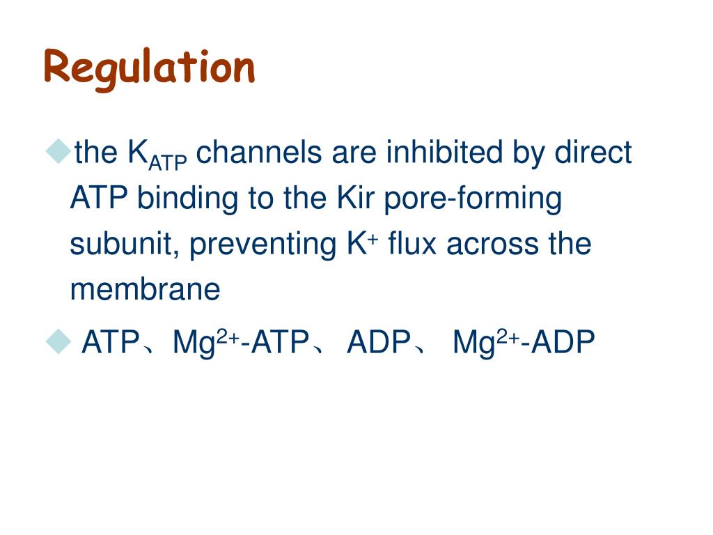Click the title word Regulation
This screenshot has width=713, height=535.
pyautogui.click(x=149, y=68)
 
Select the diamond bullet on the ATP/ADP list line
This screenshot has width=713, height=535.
pyautogui.click(x=59, y=341)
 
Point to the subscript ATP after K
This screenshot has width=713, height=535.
pyautogui.click(x=169, y=162)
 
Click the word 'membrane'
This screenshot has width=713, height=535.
pyautogui.click(x=145, y=290)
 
